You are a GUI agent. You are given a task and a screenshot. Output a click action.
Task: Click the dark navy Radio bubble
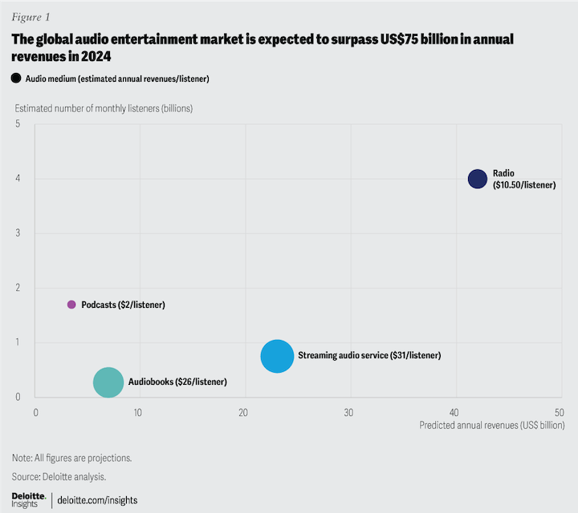tap(478, 179)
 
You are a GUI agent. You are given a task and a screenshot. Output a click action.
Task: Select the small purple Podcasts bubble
tap(71, 305)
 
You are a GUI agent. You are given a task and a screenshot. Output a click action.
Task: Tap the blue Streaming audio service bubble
tap(277, 356)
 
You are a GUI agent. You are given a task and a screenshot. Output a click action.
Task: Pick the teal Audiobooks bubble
tap(108, 382)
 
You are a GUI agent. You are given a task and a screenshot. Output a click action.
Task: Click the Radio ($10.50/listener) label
tap(524, 179)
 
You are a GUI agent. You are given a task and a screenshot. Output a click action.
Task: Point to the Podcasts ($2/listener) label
tap(123, 305)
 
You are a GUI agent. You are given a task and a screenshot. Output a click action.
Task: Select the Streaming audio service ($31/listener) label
tap(369, 355)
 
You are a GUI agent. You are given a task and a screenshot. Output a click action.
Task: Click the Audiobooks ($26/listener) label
tap(177, 382)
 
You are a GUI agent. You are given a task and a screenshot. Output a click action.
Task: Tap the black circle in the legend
tap(16, 78)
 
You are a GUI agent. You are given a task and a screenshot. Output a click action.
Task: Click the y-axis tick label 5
tap(17, 124)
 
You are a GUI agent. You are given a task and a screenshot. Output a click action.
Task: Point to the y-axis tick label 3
tap(17, 233)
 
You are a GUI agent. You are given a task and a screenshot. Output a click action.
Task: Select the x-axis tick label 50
tap(559, 411)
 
